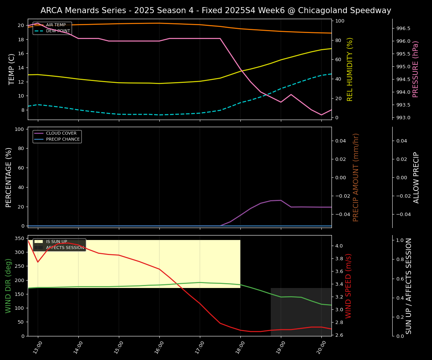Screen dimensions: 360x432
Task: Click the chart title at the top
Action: (x=216, y=10)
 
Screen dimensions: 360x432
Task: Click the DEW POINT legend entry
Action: (x=58, y=31)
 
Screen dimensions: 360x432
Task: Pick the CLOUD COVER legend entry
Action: (x=61, y=133)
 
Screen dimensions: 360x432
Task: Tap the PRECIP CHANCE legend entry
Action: (x=63, y=139)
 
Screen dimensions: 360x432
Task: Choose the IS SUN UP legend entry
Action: (x=56, y=242)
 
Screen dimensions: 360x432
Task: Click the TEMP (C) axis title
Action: (x=12, y=69)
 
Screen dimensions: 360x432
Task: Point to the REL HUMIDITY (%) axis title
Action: (x=350, y=69)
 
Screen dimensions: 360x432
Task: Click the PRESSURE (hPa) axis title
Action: (x=415, y=69)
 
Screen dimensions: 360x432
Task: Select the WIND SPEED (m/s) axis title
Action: (x=349, y=286)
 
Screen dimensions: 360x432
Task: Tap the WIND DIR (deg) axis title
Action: (x=8, y=286)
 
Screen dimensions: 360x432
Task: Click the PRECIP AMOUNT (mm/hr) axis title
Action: (x=356, y=177)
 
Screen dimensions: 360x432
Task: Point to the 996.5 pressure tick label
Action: (x=403, y=28)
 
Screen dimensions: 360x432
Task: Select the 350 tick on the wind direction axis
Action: (x=19, y=238)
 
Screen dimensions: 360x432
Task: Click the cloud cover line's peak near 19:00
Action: (x=280, y=200)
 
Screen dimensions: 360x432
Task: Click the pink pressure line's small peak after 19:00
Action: (x=291, y=94)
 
